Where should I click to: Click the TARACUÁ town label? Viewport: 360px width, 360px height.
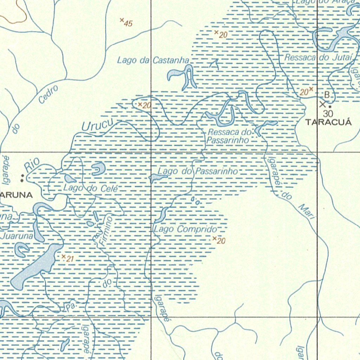click(x=328, y=122)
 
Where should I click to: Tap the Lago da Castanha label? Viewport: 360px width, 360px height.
click(x=153, y=60)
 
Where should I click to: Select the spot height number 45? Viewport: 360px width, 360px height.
click(x=128, y=24)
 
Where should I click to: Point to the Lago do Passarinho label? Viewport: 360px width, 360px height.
click(x=198, y=172)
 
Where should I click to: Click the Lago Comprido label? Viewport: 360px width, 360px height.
click(x=185, y=229)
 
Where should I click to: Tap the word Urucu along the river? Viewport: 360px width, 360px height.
click(x=97, y=126)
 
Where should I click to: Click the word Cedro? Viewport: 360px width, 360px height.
click(x=48, y=95)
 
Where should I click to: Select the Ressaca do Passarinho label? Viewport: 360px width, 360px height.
click(x=229, y=136)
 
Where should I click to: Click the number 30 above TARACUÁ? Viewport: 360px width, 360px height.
click(x=328, y=113)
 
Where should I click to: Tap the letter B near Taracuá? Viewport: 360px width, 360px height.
click(x=327, y=95)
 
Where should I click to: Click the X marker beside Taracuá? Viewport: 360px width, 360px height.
click(x=322, y=104)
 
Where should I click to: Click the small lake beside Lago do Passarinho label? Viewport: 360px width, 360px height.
click(x=155, y=178)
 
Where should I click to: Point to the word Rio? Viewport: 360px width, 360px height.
click(x=32, y=165)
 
